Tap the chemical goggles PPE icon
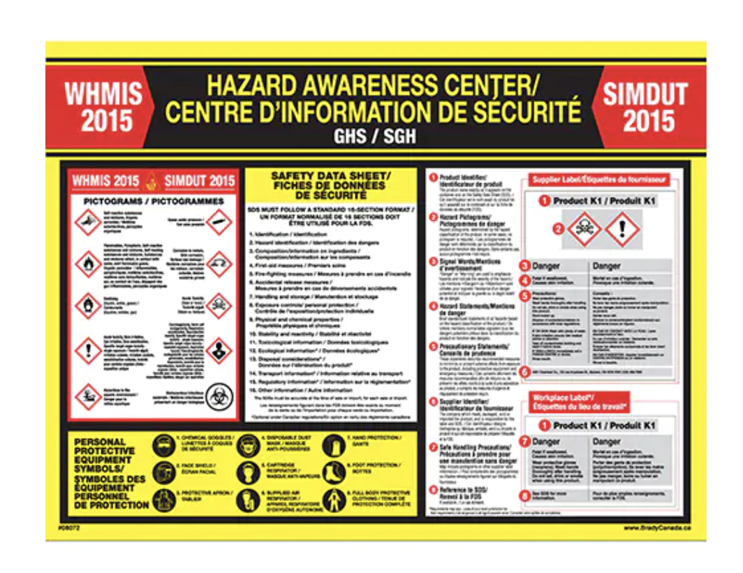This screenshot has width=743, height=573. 163,446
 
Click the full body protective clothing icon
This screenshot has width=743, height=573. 336,499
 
